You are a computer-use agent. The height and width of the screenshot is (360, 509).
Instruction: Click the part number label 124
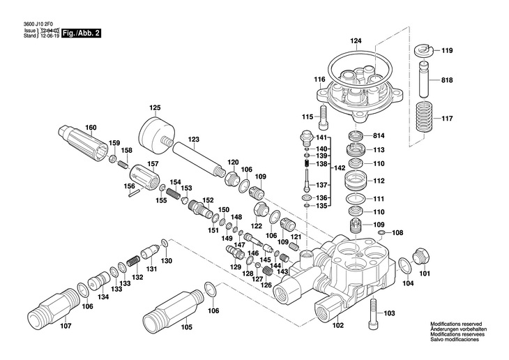356,41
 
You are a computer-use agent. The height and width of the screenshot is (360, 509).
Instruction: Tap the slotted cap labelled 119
423,50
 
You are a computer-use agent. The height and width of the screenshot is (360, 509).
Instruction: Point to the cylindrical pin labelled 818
423,80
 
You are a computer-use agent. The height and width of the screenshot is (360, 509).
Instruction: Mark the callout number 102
337,324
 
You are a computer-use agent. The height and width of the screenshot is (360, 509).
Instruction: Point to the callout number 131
151,269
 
